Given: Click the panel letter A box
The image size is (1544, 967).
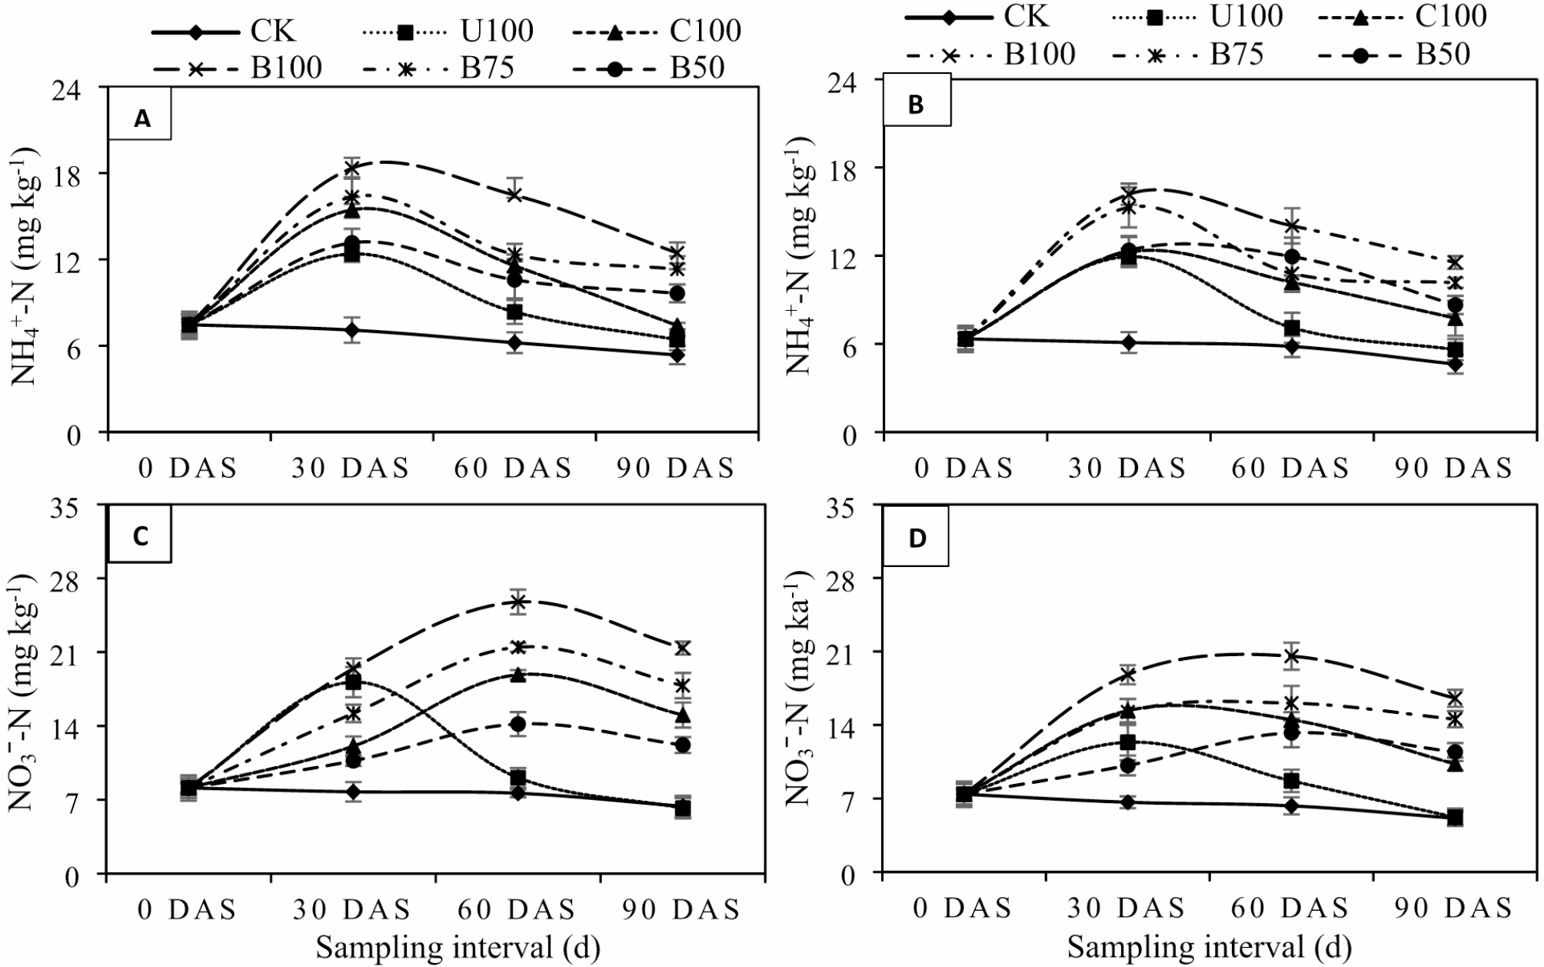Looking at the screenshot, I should tap(141, 118).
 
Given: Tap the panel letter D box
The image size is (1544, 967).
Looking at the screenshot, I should tap(917, 539).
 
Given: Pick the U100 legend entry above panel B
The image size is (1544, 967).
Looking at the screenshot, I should tap(1208, 15).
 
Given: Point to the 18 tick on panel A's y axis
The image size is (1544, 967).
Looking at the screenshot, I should tap(72, 173).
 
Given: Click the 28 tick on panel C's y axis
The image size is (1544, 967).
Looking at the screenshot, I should tap(72, 579).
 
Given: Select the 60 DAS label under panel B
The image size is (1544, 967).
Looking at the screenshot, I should tap(1289, 468).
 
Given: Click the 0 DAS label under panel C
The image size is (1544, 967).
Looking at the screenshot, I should tap(187, 910).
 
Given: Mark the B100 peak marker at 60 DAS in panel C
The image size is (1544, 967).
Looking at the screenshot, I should tap(517, 602).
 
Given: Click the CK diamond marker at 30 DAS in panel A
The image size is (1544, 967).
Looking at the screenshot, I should tap(353, 331).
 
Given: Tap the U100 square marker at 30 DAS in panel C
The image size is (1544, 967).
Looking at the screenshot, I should tap(353, 682).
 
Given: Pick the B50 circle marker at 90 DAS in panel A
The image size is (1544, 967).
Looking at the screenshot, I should tap(677, 294).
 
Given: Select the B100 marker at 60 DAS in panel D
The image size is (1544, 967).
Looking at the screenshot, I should tap(1292, 656).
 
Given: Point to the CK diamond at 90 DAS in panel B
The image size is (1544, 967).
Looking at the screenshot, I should tap(1455, 364).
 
